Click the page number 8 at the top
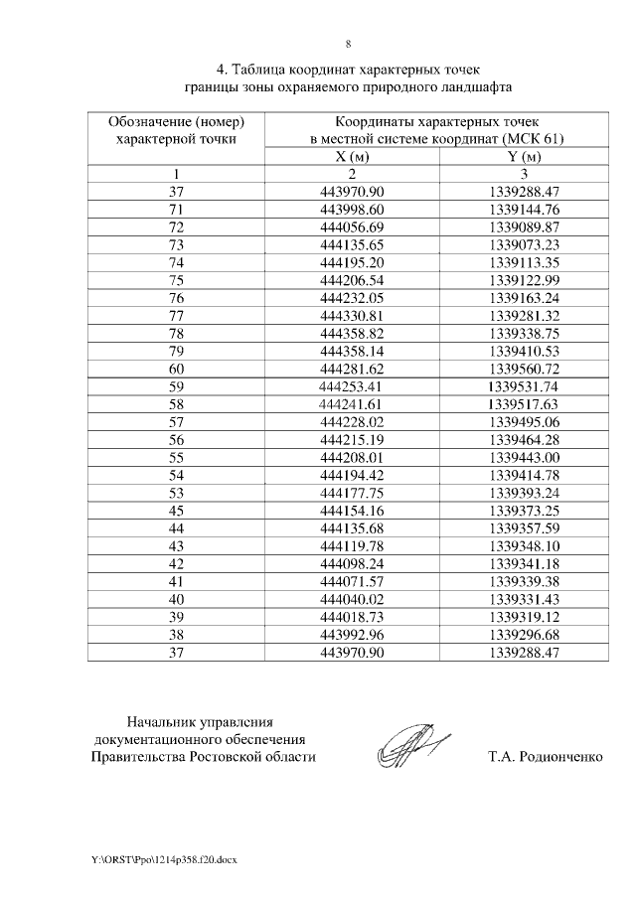[x=348, y=44]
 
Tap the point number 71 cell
[x=177, y=209]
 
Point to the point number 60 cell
[x=177, y=369]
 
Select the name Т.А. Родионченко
[x=545, y=757]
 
